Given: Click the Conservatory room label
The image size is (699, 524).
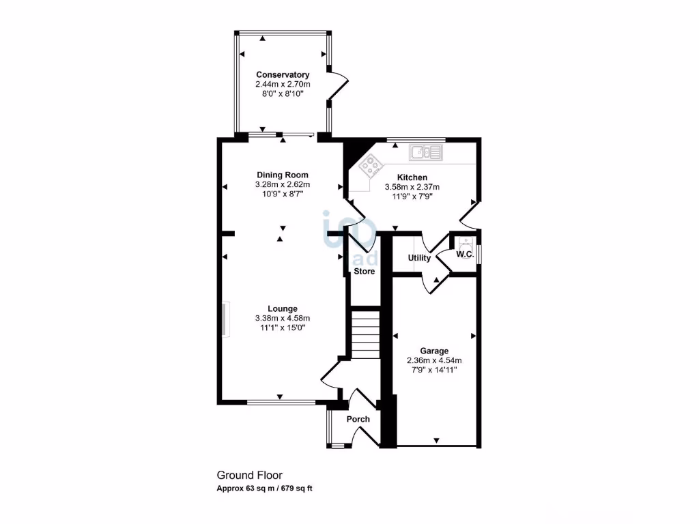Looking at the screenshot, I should pyautogui.click(x=283, y=75).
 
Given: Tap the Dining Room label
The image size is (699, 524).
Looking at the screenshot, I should pyautogui.click(x=283, y=175).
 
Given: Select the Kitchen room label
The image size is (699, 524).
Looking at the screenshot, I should pyautogui.click(x=412, y=177).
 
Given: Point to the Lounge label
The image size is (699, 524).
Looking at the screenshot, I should pyautogui.click(x=283, y=308).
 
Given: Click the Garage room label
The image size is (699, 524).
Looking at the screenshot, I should pyautogui.click(x=434, y=351).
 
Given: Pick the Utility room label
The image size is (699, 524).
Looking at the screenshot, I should pyautogui.click(x=419, y=258).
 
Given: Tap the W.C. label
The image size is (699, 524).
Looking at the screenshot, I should pyautogui.click(x=465, y=254).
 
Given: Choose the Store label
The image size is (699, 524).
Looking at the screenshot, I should pyautogui.click(x=364, y=272).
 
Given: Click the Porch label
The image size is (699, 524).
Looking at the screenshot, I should pyautogui.click(x=358, y=419).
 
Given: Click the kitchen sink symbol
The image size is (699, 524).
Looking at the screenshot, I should pyautogui.click(x=425, y=151).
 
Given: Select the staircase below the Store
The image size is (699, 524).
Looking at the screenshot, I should pyautogui.click(x=365, y=334).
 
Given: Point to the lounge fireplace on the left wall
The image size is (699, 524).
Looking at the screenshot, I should pyautogui.click(x=225, y=319).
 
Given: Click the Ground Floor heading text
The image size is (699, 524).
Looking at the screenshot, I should pyautogui.click(x=249, y=476).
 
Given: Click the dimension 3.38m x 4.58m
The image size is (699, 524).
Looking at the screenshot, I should pyautogui.click(x=283, y=318).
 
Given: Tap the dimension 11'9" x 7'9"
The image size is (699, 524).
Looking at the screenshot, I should pyautogui.click(x=412, y=196).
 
